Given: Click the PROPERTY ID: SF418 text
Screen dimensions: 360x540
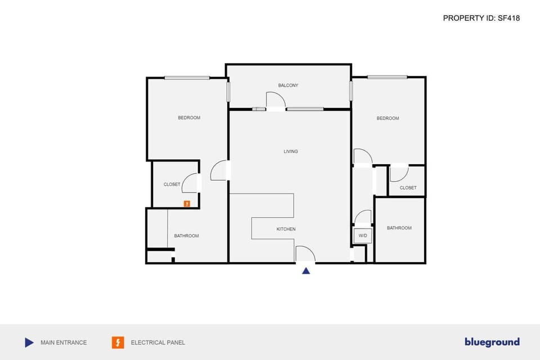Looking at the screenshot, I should pos(481,18).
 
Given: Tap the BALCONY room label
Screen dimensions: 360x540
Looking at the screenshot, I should pos(288,85).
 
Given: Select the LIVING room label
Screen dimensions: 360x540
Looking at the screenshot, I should pos(290,151).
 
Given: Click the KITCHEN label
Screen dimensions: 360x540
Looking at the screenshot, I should pos(286,229).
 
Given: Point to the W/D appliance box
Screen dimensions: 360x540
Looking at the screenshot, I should pos(363,236).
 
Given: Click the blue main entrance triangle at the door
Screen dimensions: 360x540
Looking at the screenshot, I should pos(306,271).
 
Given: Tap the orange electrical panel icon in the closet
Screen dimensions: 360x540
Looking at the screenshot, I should pos(187,204).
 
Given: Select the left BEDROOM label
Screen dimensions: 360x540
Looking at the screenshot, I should pos(189,118).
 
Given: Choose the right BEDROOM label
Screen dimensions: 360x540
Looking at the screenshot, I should pos(388,118).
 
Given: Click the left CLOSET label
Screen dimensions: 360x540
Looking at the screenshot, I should pos(172,184).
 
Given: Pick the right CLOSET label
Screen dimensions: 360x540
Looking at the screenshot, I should pos(408,188).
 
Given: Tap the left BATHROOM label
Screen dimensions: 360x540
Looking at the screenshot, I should pos(186,236).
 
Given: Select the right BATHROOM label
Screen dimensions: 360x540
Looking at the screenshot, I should pos(399,228).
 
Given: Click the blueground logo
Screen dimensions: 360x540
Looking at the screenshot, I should pos(492,342).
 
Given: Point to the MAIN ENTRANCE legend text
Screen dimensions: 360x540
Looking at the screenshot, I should pos(64,343).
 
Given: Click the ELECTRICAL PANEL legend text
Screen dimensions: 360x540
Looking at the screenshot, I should pos(157,343).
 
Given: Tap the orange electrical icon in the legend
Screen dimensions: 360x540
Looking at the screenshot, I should pos(118,343).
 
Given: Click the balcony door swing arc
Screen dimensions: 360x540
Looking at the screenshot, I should pos(277,100).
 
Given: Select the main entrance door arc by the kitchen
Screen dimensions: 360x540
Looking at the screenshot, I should pos(305,254).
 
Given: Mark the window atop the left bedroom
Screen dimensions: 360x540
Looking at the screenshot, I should pos(187,78).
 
